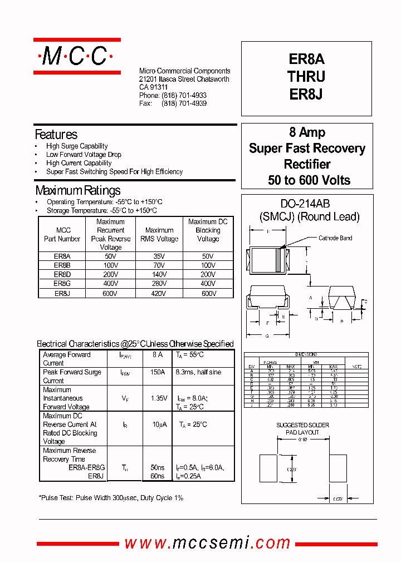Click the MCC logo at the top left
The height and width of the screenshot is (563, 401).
pyautogui.click(x=77, y=56)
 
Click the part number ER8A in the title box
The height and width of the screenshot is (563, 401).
pyautogui.click(x=306, y=60)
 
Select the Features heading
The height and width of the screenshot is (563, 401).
pyautogui.click(x=56, y=135)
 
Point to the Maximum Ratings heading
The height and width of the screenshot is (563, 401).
pyautogui.click(x=77, y=190)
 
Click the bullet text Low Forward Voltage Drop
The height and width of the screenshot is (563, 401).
pyautogui.click(x=84, y=155)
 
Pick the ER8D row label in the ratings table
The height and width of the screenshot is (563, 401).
pyautogui.click(x=62, y=275)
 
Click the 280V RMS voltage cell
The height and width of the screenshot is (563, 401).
pyautogui.click(x=159, y=284)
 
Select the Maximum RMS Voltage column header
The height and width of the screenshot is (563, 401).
pyautogui.click(x=159, y=234)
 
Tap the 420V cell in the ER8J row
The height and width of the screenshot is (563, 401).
pyautogui.click(x=159, y=293)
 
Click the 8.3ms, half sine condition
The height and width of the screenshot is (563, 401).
pyautogui.click(x=198, y=372)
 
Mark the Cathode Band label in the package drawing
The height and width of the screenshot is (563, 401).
pyautogui.click(x=335, y=238)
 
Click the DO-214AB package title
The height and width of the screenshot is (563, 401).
pyautogui.click(x=307, y=204)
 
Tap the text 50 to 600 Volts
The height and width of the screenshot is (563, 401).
pyautogui.click(x=309, y=180)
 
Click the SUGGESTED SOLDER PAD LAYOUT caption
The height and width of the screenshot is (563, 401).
pyautogui.click(x=302, y=428)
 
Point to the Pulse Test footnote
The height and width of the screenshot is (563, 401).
pyautogui.click(x=111, y=498)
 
